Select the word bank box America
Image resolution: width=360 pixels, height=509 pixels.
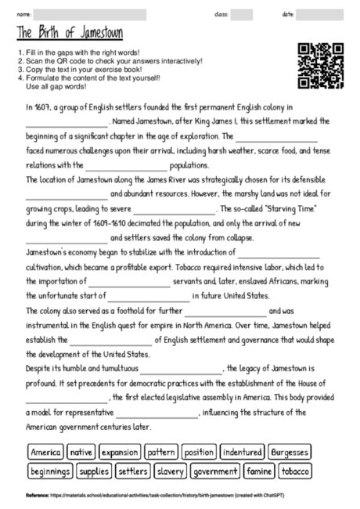pos(45,453)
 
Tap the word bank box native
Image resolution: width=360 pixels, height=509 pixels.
pos(81,453)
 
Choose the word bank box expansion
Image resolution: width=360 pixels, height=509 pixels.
pos(119,453)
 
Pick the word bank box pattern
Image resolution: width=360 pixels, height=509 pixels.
pos(162,453)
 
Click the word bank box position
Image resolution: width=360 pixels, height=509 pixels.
pos(199,453)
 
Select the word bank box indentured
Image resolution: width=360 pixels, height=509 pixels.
pos(242,453)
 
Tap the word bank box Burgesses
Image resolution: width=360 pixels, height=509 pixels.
pos(290,453)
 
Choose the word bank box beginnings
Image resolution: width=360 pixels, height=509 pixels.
pos(51,471)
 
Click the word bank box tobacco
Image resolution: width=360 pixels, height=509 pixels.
pos(296,471)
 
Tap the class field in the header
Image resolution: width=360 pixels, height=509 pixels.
pos(241,14)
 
